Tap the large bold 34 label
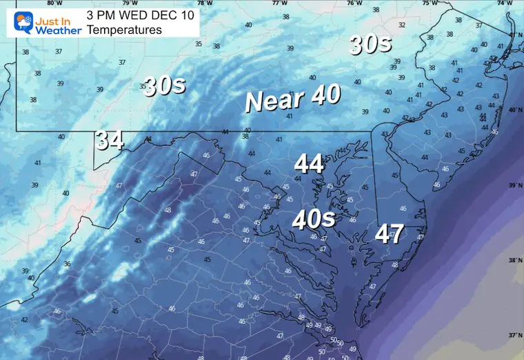(110, 141)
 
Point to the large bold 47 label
(389, 234)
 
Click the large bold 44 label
(309, 164)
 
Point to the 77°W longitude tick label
(279, 3)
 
